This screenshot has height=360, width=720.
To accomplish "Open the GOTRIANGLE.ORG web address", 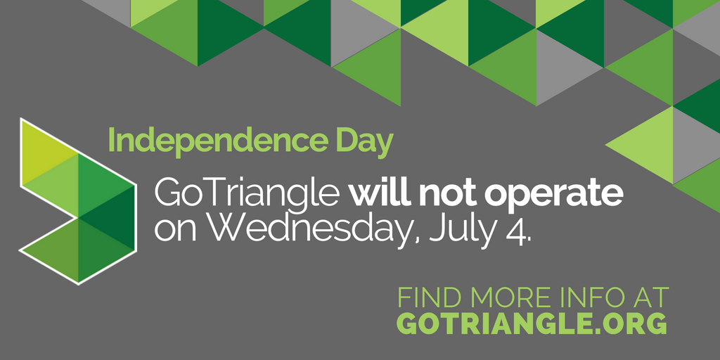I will click(x=531, y=323).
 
